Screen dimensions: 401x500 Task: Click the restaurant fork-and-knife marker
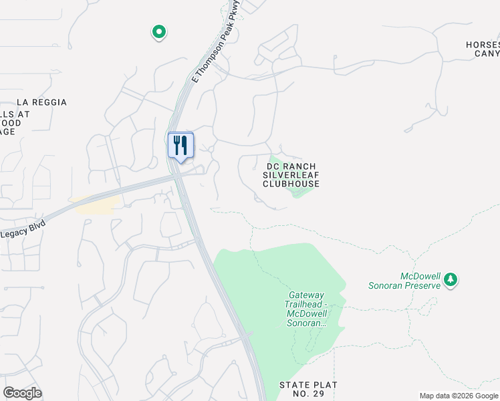180,146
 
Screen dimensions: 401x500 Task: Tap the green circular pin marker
159,31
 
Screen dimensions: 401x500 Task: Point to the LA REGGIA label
41,102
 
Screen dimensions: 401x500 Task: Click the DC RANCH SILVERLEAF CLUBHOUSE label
291,175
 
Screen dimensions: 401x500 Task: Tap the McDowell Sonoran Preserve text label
404,281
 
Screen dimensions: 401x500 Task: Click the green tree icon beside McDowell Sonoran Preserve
451,279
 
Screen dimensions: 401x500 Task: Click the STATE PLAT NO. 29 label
309,390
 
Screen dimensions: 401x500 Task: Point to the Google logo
22,393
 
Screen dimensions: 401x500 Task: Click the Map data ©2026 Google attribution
459,396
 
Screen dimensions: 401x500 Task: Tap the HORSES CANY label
483,49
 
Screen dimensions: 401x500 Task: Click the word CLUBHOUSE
291,184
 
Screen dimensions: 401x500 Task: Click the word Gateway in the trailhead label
307,295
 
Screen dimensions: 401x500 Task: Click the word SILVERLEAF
291,175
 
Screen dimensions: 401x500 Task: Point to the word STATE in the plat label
294,385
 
